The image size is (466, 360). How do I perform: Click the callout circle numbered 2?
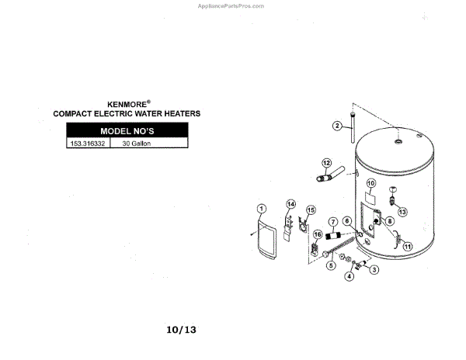(338, 126)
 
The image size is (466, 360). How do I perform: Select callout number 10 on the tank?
(370, 183)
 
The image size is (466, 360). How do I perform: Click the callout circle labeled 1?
(262, 208)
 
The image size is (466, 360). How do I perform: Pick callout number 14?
(291, 204)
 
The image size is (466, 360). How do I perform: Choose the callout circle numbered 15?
(311, 209)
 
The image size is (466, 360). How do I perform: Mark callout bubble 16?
(318, 234)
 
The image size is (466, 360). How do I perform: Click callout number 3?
(374, 270)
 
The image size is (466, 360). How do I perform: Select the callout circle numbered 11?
(406, 247)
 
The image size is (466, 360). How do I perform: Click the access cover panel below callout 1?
(265, 242)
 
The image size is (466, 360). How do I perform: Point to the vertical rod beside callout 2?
(353, 128)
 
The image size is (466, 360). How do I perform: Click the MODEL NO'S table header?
(127, 130)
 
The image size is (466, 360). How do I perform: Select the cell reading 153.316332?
(88, 144)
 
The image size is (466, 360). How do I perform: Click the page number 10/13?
(182, 330)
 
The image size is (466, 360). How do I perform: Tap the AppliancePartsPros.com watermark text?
(232, 5)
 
